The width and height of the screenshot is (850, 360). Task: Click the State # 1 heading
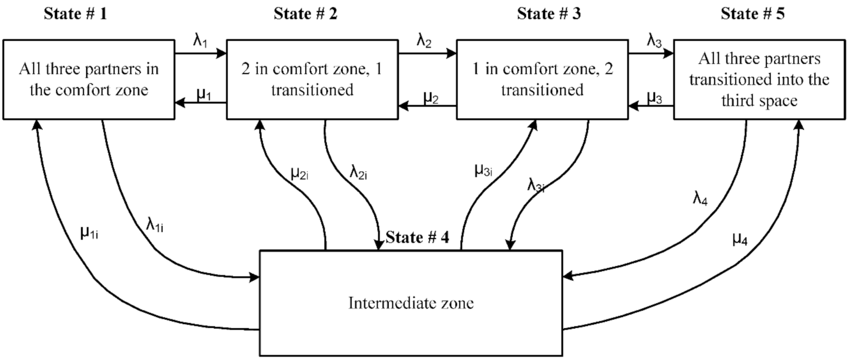[75, 14]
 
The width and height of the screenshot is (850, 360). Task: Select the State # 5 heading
[752, 14]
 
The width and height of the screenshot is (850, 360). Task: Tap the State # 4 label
[417, 237]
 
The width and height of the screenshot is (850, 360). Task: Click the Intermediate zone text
[411, 303]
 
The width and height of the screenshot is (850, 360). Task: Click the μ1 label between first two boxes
[204, 95]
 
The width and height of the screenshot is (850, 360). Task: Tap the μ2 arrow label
[431, 98]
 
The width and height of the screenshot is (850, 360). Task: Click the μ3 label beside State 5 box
[654, 98]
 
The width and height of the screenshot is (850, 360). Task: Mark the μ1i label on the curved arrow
[89, 232]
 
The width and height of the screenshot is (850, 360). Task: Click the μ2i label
[299, 173]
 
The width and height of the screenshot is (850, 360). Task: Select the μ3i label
[483, 170]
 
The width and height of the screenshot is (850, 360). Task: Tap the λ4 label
[700, 198]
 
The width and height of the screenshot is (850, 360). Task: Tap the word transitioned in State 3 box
[542, 90]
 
